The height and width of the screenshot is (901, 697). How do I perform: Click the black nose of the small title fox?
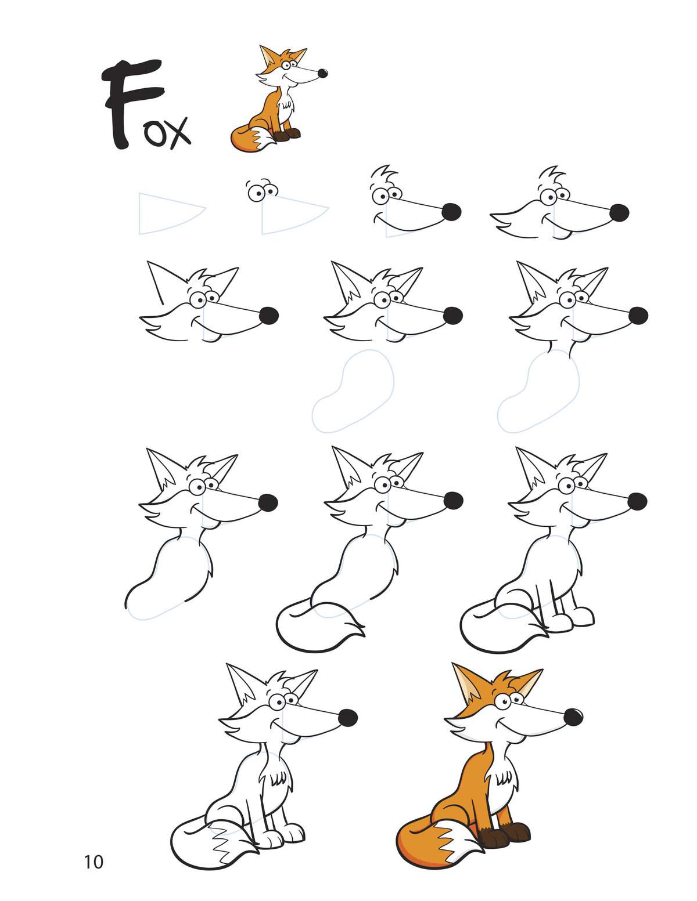point(322,73)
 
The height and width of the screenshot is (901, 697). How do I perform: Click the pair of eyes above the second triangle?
point(261,191)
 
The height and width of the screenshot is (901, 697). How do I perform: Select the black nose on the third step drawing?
point(451,212)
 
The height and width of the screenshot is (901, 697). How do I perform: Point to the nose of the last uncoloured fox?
point(348,718)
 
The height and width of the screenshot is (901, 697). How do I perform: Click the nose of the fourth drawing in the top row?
point(619,213)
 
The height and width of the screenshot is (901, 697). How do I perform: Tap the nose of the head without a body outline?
point(269,316)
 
